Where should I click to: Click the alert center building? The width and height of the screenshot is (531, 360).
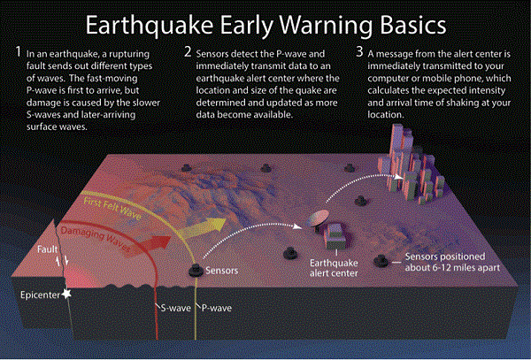(337, 235)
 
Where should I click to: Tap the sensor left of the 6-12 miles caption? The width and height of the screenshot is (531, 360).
(381, 260)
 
